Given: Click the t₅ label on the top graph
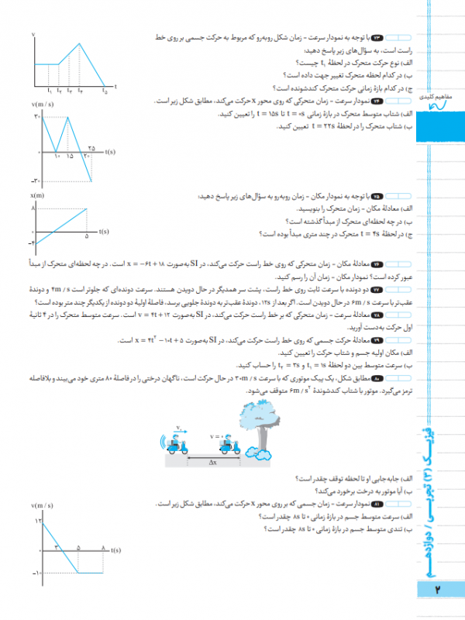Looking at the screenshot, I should (105, 91).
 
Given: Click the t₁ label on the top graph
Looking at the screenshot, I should (49, 91).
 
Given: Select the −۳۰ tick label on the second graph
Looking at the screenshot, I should (36, 181).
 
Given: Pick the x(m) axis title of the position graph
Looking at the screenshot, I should (37, 197).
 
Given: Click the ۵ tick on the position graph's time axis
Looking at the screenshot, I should (87, 237).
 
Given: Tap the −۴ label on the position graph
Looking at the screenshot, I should (33, 244).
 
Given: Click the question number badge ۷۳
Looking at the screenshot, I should (379, 37).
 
